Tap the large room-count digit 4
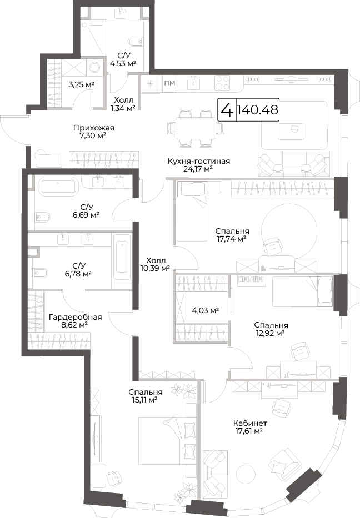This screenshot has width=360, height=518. [227, 110]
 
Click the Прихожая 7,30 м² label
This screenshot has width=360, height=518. [94, 132]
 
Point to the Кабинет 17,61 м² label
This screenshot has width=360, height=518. [250, 427]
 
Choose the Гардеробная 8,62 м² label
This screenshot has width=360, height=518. [76, 321]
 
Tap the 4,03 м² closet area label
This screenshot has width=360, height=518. [206, 310]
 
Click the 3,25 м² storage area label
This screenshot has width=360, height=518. [81, 84]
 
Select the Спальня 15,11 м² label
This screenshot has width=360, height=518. [146, 396]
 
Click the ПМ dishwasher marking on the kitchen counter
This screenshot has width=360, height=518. [170, 83]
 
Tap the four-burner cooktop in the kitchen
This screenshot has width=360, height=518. [222, 83]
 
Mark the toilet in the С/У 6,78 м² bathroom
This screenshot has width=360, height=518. [41, 273]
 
